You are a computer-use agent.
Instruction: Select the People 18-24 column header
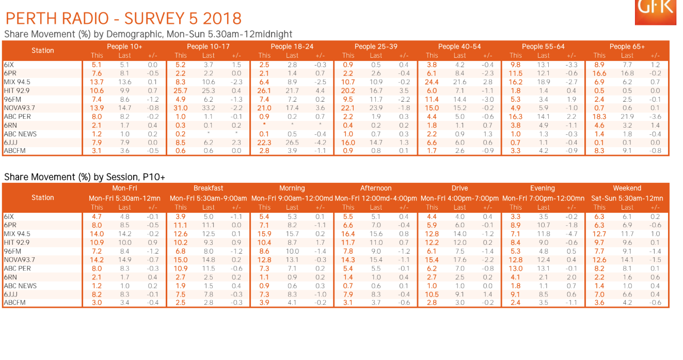(292, 46)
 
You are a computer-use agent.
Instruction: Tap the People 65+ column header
(627, 46)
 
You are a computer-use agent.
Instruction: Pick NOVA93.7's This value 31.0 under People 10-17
(181, 108)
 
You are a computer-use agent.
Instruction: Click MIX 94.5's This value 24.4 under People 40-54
(432, 82)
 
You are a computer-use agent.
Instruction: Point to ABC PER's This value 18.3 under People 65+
(599, 117)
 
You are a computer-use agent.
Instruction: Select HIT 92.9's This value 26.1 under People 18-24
(264, 91)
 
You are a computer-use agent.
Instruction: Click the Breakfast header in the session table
(209, 189)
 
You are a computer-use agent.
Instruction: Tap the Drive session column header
(459, 189)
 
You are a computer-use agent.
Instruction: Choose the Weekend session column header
(627, 189)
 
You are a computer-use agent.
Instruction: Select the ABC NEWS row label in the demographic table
(20, 134)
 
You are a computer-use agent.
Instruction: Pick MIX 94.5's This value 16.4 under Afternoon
(348, 234)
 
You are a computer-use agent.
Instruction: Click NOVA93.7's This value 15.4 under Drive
(432, 260)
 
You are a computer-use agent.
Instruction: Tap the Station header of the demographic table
(42, 51)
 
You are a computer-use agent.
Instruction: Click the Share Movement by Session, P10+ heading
(85, 177)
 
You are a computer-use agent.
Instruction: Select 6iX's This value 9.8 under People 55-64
(515, 65)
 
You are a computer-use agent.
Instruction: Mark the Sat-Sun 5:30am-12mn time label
(627, 198)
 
